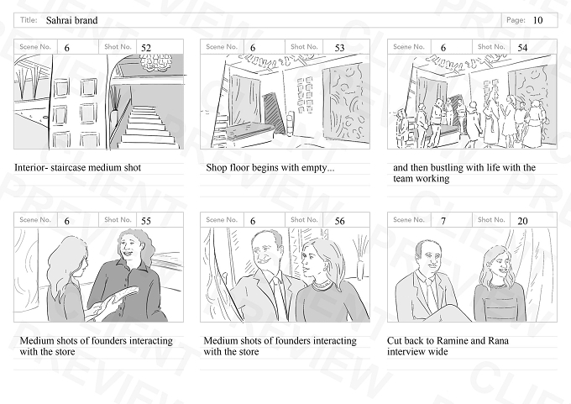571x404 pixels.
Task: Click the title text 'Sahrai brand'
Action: coord(71,20)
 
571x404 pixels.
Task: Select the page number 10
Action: coord(537,20)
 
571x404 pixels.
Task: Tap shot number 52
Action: coord(145,48)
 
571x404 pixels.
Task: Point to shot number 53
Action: coord(339,48)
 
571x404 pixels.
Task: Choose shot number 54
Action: coord(522,48)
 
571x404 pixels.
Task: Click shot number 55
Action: coord(145,221)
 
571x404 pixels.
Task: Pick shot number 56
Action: coord(339,221)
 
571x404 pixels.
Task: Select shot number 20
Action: coord(522,221)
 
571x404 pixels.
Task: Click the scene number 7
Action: coord(443,221)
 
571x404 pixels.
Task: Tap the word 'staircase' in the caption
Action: coord(69,168)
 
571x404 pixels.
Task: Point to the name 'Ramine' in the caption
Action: coord(452,341)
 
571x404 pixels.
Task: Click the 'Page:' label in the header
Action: coord(516,20)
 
